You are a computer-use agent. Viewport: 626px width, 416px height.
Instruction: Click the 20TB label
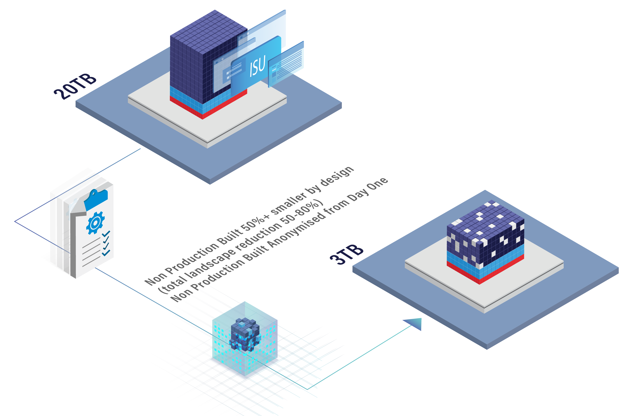[75, 86]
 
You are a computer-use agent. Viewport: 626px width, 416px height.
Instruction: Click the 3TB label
[346, 254]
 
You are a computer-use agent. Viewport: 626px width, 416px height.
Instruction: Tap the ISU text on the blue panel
[257, 66]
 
